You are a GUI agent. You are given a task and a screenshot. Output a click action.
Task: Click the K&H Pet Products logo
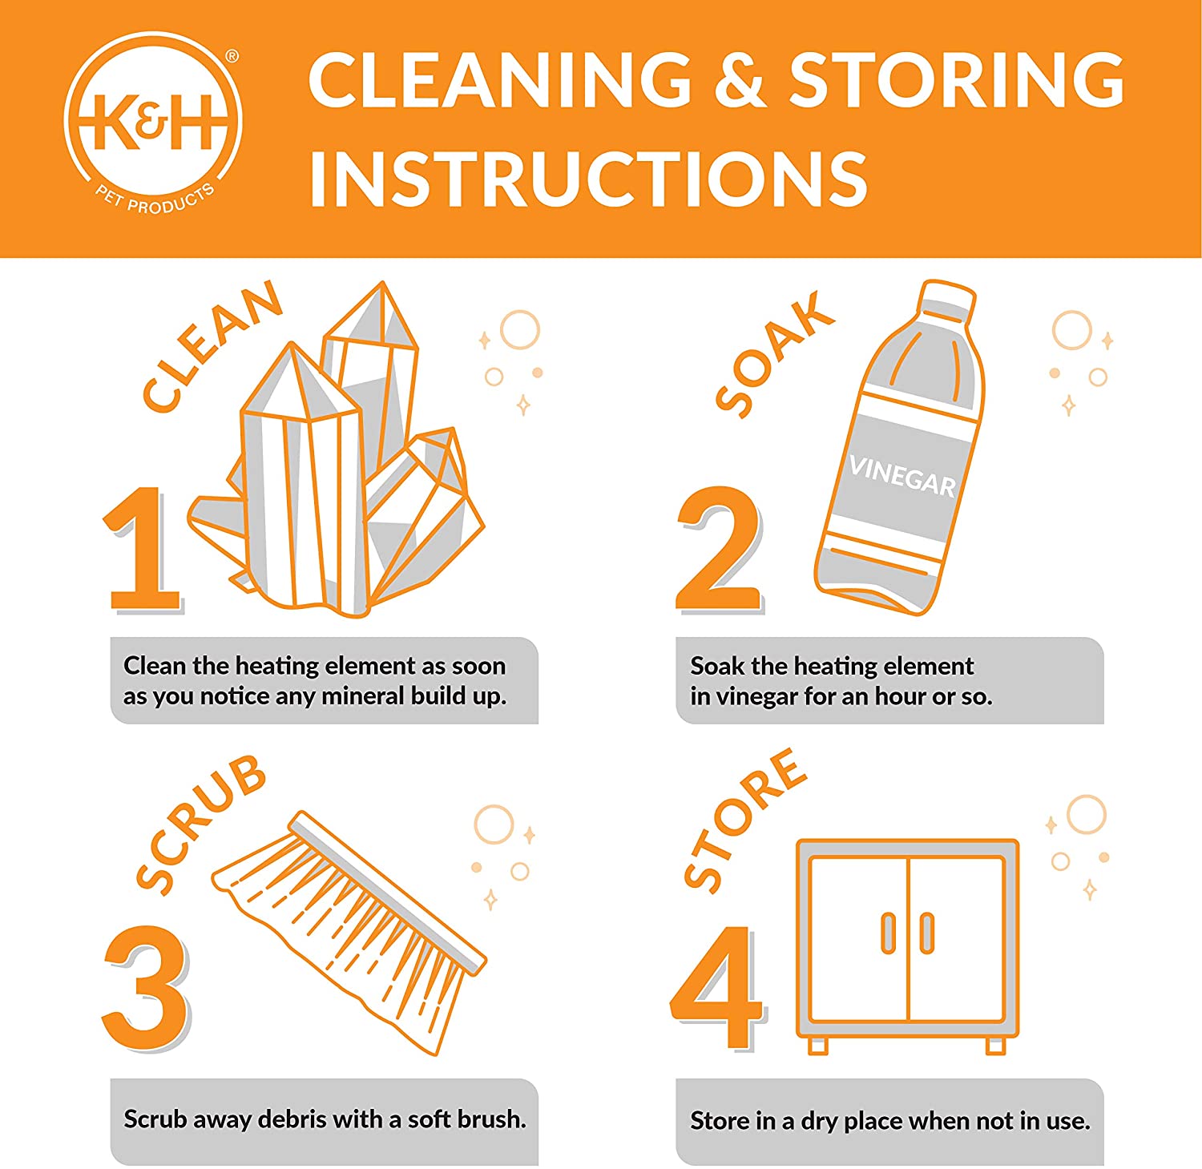tap(152, 124)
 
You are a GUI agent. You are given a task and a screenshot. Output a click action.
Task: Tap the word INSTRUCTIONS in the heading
tap(589, 178)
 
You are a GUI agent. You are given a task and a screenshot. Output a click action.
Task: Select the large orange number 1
tap(143, 550)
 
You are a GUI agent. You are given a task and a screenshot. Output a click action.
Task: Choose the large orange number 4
tap(717, 987)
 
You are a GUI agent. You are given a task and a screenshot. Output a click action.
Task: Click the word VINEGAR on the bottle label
tap(902, 476)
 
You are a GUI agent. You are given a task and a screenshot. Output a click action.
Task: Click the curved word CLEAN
tap(212, 346)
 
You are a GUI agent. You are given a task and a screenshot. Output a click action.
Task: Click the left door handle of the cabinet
tap(888, 933)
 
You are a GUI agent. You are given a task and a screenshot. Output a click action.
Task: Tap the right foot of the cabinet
tap(996, 1045)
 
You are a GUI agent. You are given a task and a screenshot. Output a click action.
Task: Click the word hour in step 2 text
tap(900, 696)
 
